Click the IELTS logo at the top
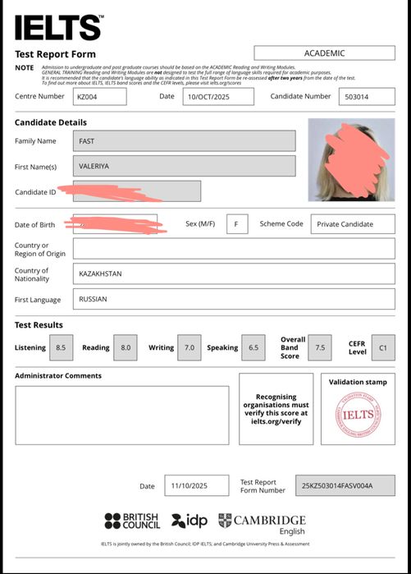[58, 27]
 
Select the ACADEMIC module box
[324, 53]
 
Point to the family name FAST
[184, 141]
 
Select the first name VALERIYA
[184, 166]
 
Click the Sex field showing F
[236, 224]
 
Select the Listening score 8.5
[61, 347]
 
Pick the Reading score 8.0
[126, 347]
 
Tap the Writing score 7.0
[189, 347]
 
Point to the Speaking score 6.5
[253, 347]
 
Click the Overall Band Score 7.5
[320, 347]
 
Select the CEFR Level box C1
[382, 347]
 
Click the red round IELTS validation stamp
[358, 415]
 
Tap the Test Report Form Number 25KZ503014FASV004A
[337, 485]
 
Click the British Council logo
[132, 521]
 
